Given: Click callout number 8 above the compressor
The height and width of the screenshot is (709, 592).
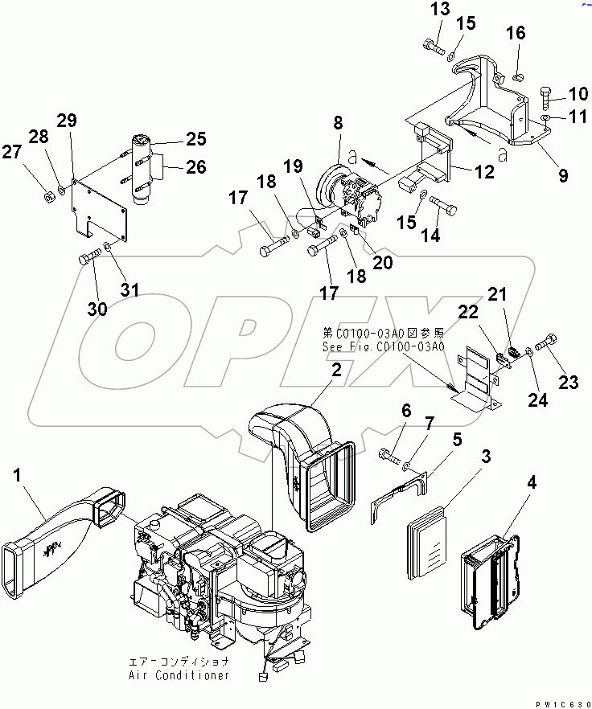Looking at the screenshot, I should pyautogui.click(x=338, y=123).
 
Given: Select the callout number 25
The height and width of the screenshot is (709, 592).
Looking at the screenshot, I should pyautogui.click(x=196, y=140).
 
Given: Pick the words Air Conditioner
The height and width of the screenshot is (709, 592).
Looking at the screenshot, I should pyautogui.click(x=179, y=675).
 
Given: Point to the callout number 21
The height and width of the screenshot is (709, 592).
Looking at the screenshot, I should pyautogui.click(x=499, y=295).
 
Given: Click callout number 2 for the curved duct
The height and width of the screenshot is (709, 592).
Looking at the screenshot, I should pyautogui.click(x=335, y=370).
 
